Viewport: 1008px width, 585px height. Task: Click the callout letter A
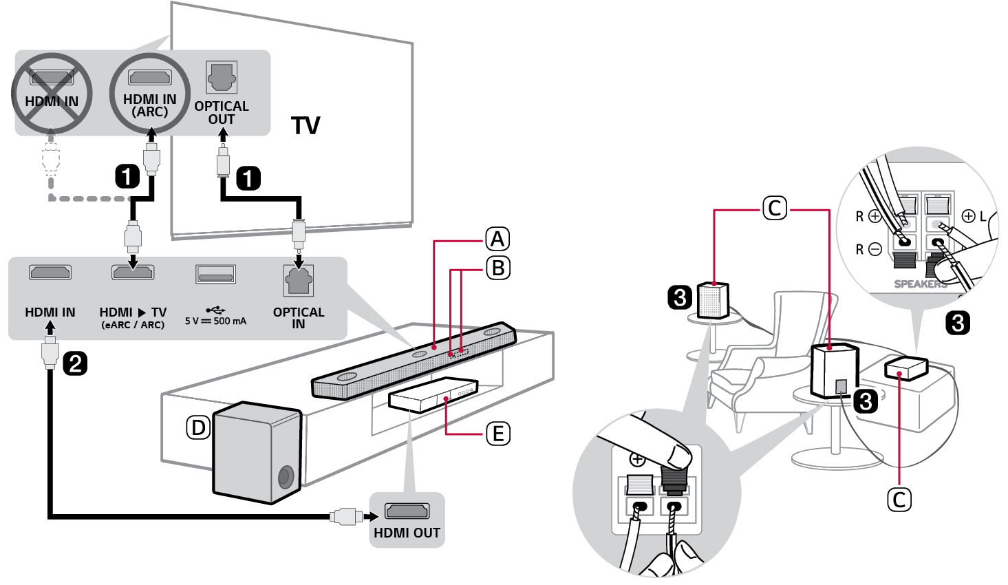tap(497, 240)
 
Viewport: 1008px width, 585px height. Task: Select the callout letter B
tap(498, 268)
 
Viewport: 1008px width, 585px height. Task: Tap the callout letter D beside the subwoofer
tap(198, 428)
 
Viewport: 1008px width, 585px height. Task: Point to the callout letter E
tap(497, 434)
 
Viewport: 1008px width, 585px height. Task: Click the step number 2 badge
tap(75, 363)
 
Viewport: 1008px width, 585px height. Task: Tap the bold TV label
tap(305, 126)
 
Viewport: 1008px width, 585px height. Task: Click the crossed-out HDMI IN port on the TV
tap(52, 78)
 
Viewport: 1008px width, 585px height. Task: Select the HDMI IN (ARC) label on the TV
tap(150, 106)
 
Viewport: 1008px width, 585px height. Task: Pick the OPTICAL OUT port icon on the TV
tap(222, 77)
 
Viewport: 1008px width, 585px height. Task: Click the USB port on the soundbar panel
tap(215, 275)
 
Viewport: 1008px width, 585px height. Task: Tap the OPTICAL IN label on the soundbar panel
tap(299, 317)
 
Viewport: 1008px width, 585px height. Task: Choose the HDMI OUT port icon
tap(407, 511)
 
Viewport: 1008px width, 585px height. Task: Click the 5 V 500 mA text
tap(215, 321)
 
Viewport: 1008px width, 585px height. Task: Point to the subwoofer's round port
tap(286, 476)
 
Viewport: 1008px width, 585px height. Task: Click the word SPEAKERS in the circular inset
tap(920, 284)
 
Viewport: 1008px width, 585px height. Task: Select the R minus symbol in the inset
tap(868, 249)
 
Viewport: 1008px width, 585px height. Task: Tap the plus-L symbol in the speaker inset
tap(974, 216)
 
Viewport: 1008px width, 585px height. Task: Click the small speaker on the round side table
tap(713, 300)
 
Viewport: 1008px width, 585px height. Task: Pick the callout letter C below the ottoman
tap(899, 499)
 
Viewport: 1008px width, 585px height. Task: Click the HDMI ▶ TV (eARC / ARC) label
tap(133, 317)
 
